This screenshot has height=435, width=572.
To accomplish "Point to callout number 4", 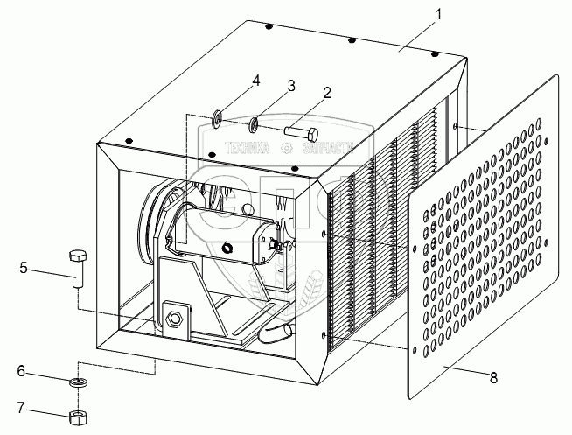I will [x=255, y=81].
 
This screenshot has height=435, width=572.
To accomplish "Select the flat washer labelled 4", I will [x=217, y=116].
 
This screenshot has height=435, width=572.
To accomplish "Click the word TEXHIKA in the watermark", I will [x=248, y=149].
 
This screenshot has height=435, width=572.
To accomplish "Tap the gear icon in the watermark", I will [x=285, y=149].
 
